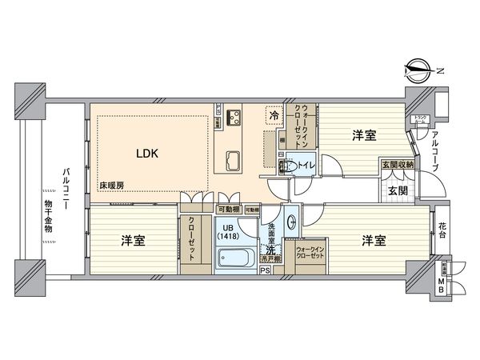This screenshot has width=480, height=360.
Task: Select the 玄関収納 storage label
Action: (398, 165)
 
